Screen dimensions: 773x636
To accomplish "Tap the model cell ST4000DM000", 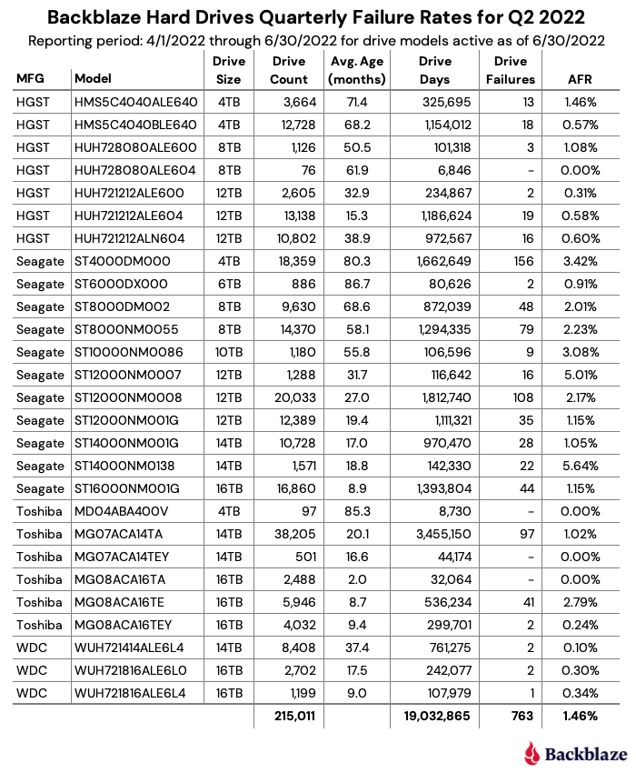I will (122, 261).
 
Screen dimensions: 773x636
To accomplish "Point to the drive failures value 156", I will (522, 261).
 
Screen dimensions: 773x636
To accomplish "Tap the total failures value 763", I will (521, 716).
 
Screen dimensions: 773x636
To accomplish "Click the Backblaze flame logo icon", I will (532, 752).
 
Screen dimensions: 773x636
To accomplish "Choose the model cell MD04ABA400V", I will (122, 511).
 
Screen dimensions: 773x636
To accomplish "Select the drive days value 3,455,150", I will (440, 534).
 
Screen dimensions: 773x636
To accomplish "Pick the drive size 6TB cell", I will (228, 284).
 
